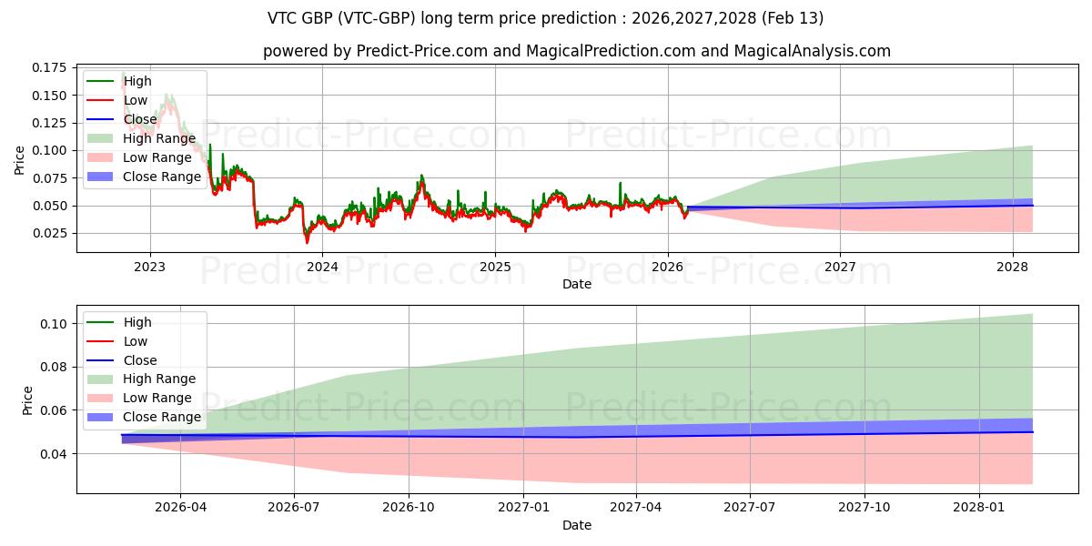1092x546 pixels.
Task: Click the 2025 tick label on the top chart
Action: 495,267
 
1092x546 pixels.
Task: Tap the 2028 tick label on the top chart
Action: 1013,267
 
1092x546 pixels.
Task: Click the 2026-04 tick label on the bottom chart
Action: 180,508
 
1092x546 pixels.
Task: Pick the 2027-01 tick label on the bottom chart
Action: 524,508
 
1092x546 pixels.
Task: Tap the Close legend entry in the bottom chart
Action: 140,360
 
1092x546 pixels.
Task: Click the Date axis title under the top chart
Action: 577,284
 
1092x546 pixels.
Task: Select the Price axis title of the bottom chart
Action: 27,400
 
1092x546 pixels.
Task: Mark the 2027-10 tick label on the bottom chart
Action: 864,508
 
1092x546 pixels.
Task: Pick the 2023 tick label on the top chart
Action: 149,267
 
